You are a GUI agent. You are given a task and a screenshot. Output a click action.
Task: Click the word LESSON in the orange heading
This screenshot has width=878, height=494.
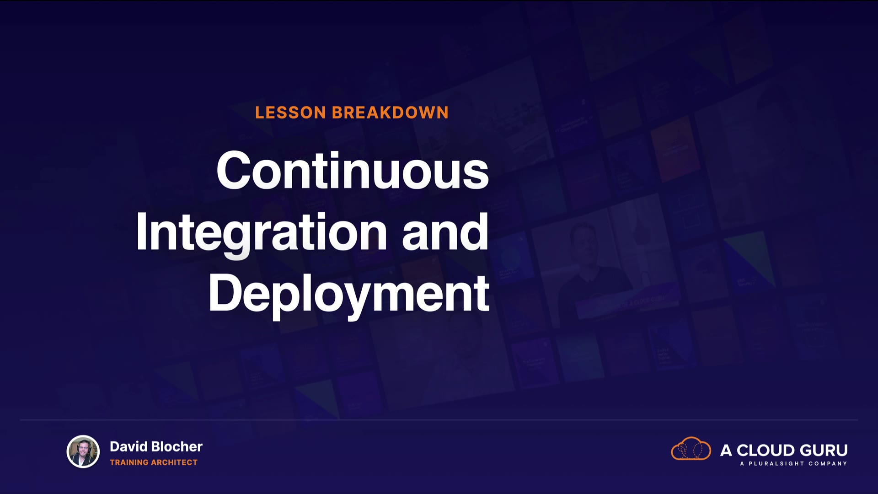pos(290,113)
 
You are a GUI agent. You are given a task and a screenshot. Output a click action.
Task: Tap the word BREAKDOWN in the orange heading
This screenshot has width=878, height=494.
pos(390,113)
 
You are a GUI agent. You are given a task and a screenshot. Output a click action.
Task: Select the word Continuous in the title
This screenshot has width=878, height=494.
pos(353,170)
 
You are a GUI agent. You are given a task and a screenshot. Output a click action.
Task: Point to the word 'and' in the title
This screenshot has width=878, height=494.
pos(445,232)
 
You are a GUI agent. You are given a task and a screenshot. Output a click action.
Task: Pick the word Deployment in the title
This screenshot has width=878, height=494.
pos(349,294)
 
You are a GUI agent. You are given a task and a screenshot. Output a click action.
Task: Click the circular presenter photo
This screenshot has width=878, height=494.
pos(83,451)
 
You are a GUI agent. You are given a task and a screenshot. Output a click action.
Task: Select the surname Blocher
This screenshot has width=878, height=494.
pos(177,446)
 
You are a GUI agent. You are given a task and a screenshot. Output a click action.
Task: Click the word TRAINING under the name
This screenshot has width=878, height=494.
pos(129,462)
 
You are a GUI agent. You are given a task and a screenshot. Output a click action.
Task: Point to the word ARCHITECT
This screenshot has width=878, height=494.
pos(174,462)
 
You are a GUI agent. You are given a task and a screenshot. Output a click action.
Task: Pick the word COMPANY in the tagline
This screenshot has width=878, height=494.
pos(828,463)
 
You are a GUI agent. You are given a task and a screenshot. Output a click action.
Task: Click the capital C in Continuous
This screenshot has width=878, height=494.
pos(235,170)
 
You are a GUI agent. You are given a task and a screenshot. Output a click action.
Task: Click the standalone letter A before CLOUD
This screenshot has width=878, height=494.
pos(726,451)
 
